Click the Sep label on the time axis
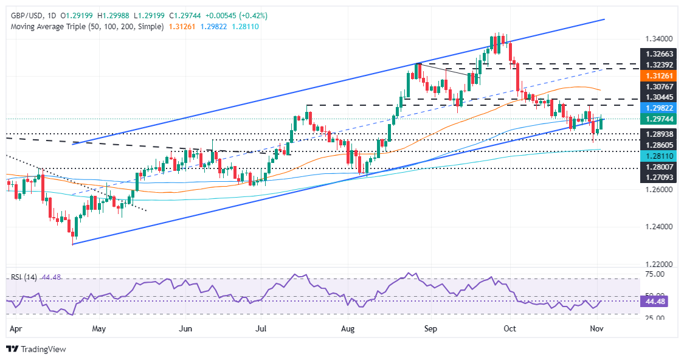click(430, 328)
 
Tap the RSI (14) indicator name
click(24, 277)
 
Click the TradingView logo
click(36, 349)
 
